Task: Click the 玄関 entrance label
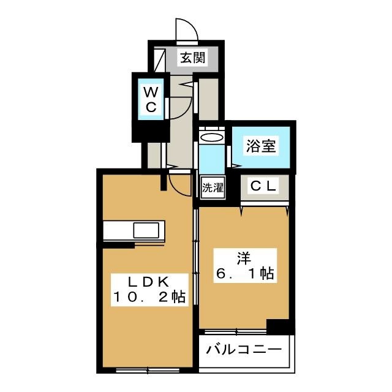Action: pos(193,58)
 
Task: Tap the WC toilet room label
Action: pos(151,100)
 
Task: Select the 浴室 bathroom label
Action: pos(261,146)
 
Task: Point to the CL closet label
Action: pos(263,186)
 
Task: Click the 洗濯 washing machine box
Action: pos(213,187)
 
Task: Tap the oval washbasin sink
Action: pos(212,137)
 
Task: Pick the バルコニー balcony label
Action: pos(244,350)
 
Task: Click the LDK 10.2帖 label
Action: pos(149,290)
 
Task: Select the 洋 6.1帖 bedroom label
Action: pos(245,266)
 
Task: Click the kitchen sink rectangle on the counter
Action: pos(146,230)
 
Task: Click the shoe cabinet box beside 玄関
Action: pos(159,60)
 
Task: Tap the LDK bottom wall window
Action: pos(148,370)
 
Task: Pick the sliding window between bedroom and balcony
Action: pos(235,332)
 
